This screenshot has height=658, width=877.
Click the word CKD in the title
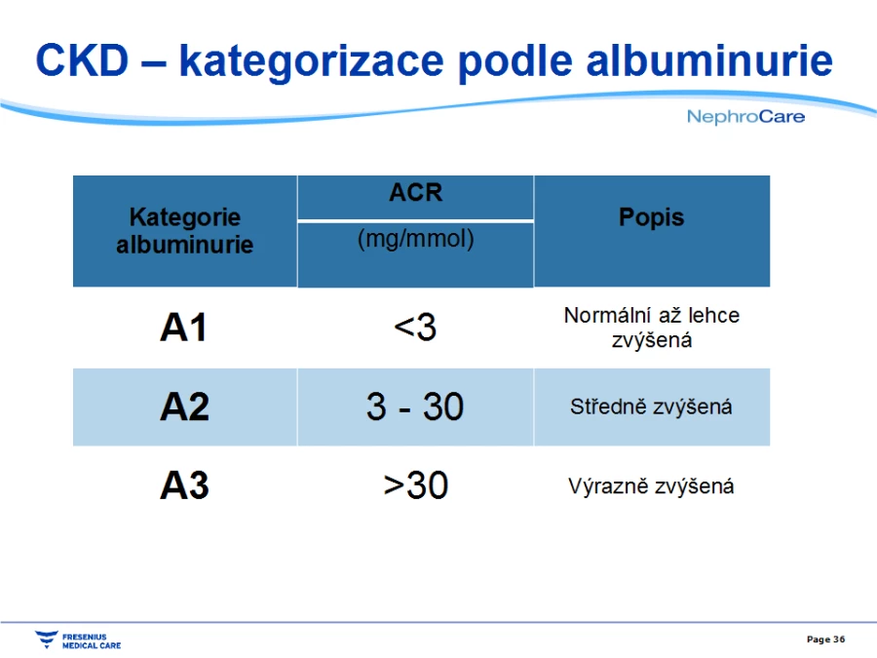tap(82, 60)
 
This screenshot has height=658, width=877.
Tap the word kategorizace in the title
tap(312, 62)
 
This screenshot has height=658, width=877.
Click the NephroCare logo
tap(745, 116)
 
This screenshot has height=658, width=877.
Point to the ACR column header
tap(415, 192)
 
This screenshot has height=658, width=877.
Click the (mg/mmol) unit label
tap(415, 239)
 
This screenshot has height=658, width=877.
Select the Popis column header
tap(652, 217)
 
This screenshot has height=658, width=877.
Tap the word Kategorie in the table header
tap(184, 217)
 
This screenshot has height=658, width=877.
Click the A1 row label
tap(183, 327)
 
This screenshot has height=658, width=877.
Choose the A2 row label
tap(184, 406)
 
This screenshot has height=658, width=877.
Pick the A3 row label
tap(184, 485)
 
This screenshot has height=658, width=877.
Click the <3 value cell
tap(415, 327)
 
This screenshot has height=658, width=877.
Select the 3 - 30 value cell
tap(415, 406)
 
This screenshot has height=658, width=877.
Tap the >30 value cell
tap(416, 485)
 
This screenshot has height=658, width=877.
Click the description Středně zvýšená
tap(651, 406)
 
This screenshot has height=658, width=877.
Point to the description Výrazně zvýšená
tap(651, 485)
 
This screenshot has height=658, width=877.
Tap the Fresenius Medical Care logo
tap(78, 640)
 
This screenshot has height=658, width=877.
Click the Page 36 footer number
tap(825, 639)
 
